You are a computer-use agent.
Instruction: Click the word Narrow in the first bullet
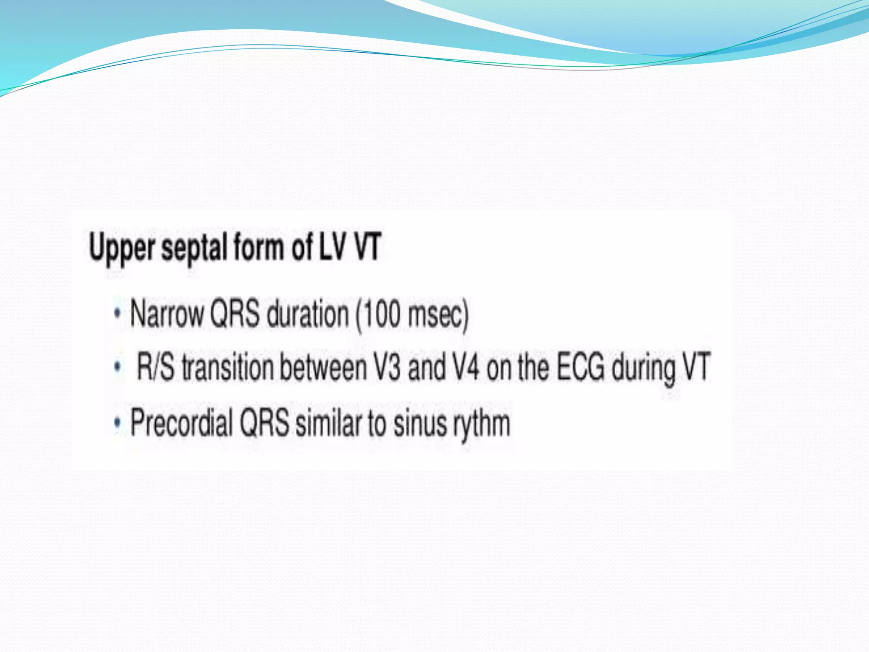pos(167,314)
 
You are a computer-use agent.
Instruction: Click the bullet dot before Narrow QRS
pos(118,314)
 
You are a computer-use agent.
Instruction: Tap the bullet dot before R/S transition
pos(118,367)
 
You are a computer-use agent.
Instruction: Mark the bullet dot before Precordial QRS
pos(118,423)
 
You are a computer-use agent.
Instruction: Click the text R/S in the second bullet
pos(155,367)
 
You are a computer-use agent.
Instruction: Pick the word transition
pos(227,367)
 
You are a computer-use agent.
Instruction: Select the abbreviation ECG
pos(580,367)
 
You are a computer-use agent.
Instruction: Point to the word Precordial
pos(181,423)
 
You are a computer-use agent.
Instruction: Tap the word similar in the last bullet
pos(328,423)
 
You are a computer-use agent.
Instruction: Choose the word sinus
pos(420,423)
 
